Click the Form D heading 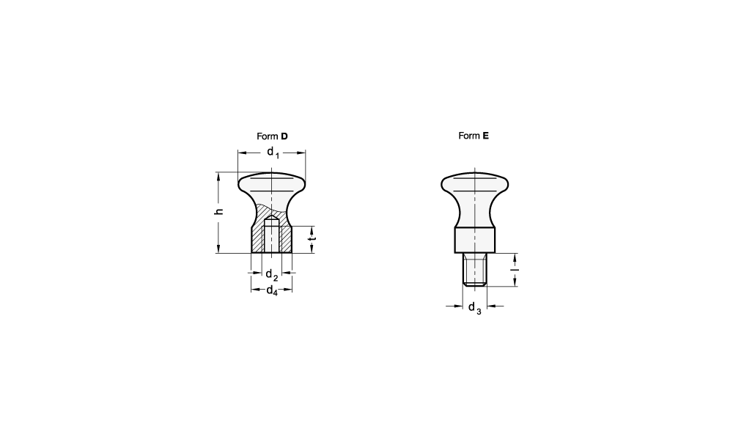click(272, 136)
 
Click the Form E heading click(474, 136)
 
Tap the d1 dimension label click(273, 153)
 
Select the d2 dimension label click(272, 275)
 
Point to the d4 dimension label click(272, 291)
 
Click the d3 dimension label click(474, 308)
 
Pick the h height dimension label click(218, 211)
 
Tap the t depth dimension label click(312, 239)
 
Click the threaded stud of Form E click(475, 269)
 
